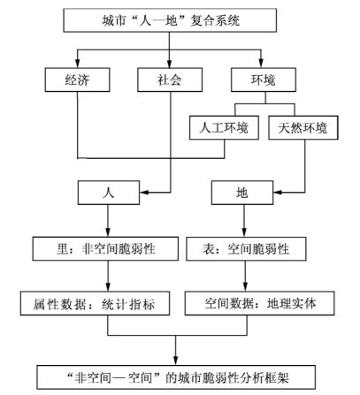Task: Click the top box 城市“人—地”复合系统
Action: (x=170, y=20)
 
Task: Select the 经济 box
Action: (x=77, y=80)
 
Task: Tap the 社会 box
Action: (x=170, y=80)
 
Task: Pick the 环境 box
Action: (x=264, y=80)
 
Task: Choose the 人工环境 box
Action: (x=224, y=127)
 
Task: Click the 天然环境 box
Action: (x=303, y=127)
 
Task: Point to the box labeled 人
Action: (x=109, y=193)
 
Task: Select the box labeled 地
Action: (x=242, y=193)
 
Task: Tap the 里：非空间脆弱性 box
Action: (x=105, y=248)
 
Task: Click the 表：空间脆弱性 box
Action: (x=246, y=248)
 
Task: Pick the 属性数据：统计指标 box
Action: (x=95, y=303)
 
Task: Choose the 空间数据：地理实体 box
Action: (x=260, y=303)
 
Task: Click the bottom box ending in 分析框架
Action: (x=176, y=377)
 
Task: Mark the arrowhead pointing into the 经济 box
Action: (x=77, y=64)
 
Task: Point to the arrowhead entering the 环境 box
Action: (x=261, y=64)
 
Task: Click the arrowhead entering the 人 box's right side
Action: (x=144, y=193)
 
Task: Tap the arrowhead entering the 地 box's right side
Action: (x=278, y=193)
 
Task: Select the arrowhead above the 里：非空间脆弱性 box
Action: (x=108, y=232)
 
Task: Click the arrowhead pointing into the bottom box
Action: (x=176, y=361)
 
